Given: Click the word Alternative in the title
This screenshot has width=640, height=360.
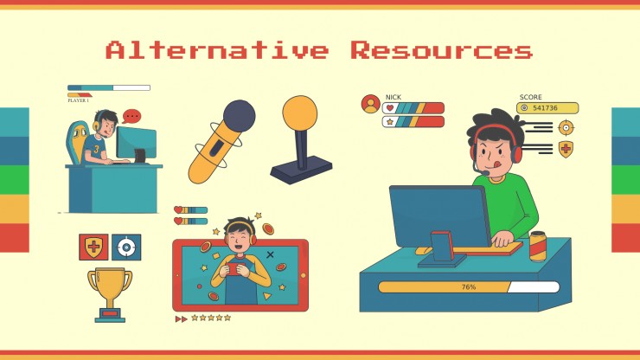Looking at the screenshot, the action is (217, 50).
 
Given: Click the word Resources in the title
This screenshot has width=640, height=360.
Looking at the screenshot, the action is (442, 50).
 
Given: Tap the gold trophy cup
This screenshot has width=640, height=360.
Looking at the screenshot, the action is (110, 294).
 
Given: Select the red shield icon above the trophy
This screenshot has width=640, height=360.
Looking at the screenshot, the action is (93, 247).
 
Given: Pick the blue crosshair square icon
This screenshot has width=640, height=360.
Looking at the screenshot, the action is (126, 247).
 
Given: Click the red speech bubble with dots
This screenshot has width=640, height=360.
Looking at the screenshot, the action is (131, 117).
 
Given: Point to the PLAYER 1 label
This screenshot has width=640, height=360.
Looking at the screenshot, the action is (78, 100).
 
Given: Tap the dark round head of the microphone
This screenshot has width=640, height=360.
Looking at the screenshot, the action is (240, 116).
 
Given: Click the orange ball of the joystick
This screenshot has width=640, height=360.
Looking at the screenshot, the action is (299, 113).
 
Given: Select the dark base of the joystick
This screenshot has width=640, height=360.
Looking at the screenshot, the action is (301, 170).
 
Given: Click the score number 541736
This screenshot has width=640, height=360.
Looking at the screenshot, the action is (545, 108).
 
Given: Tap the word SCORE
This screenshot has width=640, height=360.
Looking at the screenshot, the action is (531, 97).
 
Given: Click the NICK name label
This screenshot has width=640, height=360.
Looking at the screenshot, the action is (394, 97).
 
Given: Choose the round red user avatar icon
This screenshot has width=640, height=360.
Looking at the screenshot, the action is (371, 104).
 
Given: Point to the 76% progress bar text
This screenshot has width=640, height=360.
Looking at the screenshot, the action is (469, 286).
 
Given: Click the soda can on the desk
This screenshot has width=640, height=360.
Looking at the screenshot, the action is (538, 246).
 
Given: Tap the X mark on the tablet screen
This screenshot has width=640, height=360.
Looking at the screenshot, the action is (270, 254).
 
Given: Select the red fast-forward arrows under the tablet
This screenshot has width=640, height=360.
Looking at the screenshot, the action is (181, 318).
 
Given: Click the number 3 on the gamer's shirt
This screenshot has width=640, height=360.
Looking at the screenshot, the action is (96, 149).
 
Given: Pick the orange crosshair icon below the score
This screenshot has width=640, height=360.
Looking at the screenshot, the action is (566, 127).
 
